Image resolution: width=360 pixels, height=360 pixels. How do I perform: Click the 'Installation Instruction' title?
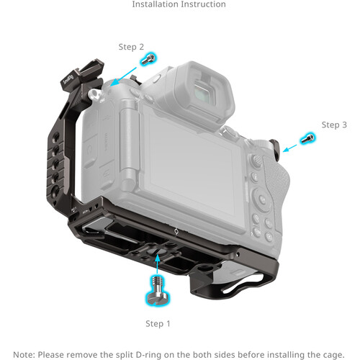point(179,5)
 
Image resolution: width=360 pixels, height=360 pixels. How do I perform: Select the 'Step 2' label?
point(131,46)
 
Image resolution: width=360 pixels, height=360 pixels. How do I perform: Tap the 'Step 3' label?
point(334,125)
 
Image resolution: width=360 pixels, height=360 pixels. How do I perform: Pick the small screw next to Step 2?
point(150,59)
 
